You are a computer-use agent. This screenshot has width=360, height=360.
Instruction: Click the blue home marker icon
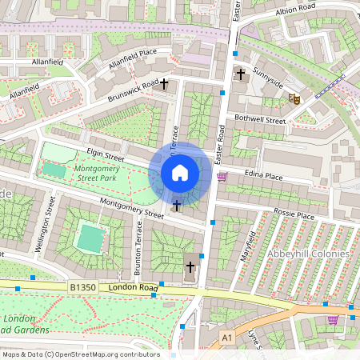click(x=180, y=172)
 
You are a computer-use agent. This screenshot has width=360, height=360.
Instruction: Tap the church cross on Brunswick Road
click(x=165, y=83)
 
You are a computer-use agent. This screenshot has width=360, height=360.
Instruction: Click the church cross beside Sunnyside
click(x=240, y=74)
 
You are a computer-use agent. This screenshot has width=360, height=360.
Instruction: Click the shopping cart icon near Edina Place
click(x=222, y=177)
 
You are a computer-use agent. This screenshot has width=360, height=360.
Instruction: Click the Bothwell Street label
click(x=260, y=119)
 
